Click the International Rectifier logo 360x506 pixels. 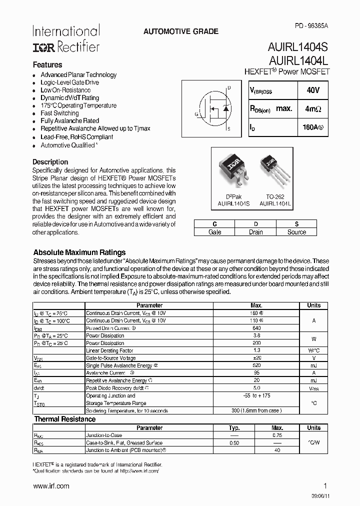click(66, 38)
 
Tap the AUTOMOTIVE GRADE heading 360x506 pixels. click(180, 31)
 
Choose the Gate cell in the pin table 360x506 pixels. click(214, 232)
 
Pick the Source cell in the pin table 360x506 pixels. click(296, 232)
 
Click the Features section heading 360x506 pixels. click(47, 65)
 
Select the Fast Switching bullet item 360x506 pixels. click(59, 113)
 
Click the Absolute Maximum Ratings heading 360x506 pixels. click(79, 252)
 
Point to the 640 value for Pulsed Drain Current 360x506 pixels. click(256, 328)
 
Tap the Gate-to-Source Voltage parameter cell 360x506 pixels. click(110, 358)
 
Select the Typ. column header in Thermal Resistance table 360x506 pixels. click(234, 428)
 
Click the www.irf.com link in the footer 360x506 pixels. click(51, 486)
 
